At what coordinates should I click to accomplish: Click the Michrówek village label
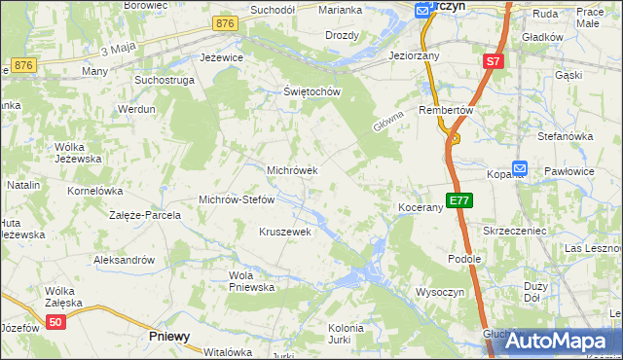pyautogui.click(x=293, y=170)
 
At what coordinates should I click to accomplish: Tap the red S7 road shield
pyautogui.click(x=494, y=62)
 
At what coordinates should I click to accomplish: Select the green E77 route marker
pyautogui.click(x=459, y=201)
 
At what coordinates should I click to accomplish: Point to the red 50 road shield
pyautogui.click(x=55, y=323)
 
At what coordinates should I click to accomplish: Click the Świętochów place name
pyautogui.click(x=311, y=92)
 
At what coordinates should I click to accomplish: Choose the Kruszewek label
pyautogui.click(x=284, y=232)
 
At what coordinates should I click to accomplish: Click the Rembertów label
pyautogui.click(x=445, y=110)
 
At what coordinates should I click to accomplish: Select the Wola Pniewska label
pyautogui.click(x=252, y=281)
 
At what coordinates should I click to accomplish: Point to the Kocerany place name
pyautogui.click(x=421, y=208)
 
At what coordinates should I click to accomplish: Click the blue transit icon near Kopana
pyautogui.click(x=519, y=168)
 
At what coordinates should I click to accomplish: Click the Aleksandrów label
pyautogui.click(x=124, y=260)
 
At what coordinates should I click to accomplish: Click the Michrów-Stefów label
pyautogui.click(x=238, y=199)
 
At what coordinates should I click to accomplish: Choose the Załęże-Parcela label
pyautogui.click(x=145, y=214)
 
